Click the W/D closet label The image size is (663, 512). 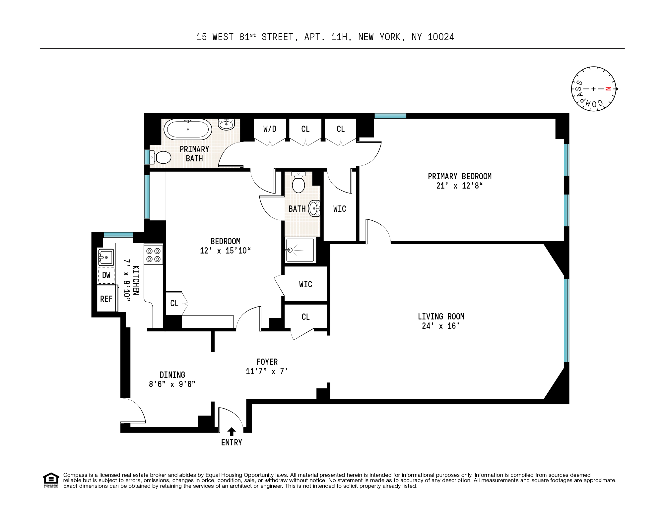270,129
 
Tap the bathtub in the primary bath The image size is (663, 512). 188,130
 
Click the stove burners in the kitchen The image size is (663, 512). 153,255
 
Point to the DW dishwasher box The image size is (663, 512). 106,275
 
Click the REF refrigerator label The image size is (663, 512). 106,299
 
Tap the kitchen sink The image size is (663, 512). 106,257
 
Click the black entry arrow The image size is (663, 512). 232,431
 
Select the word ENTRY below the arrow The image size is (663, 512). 232,442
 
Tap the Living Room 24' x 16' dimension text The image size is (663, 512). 441,326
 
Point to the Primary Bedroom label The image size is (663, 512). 459,176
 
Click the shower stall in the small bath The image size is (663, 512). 300,250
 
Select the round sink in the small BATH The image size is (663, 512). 314,208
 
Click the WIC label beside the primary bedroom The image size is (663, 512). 340,209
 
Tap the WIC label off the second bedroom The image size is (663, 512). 305,284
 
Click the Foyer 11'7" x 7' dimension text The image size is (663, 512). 267,371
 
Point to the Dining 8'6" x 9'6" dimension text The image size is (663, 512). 172,384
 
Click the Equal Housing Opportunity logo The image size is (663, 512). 51,480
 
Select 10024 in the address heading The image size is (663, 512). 441,37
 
